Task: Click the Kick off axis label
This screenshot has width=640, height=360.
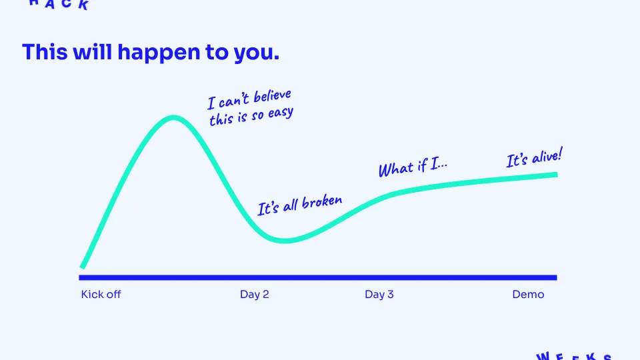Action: (101, 295)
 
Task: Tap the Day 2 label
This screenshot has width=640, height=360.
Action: (254, 295)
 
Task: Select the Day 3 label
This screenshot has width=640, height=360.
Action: (379, 295)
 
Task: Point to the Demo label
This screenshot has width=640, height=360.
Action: (528, 295)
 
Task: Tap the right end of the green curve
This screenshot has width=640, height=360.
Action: (555, 175)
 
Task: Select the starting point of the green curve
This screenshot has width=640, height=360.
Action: (83, 266)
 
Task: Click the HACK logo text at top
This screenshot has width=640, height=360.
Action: (59, 4)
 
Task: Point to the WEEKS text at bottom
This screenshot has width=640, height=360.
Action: (573, 356)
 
